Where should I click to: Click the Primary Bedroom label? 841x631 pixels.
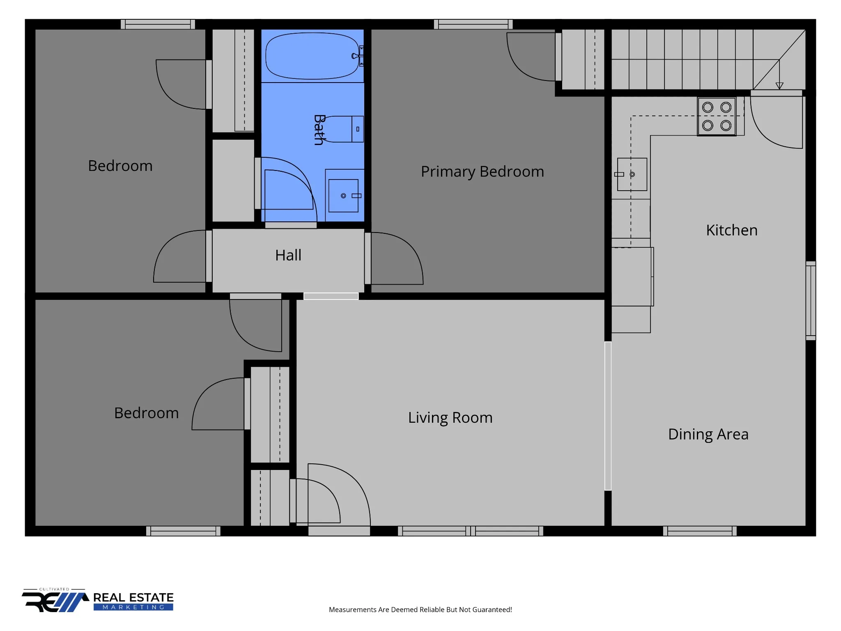(483, 172)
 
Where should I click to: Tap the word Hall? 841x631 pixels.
(288, 255)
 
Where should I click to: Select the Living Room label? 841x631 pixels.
(450, 418)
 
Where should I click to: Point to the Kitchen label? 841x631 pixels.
(732, 230)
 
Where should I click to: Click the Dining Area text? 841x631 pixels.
(708, 435)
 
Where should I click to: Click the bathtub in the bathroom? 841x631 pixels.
(313, 56)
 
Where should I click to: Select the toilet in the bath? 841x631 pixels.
(343, 129)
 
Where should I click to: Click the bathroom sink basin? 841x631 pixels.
(343, 196)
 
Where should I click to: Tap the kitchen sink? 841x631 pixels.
(632, 174)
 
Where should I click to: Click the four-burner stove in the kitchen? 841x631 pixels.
(717, 116)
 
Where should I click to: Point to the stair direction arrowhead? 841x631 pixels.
(779, 86)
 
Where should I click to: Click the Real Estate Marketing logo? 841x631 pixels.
(98, 600)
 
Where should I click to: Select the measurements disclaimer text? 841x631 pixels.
(420, 610)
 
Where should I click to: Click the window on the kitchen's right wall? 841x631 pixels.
(811, 301)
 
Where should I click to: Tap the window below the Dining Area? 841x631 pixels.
(700, 531)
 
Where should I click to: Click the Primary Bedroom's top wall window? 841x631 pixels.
(473, 24)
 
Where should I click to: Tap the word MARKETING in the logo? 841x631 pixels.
(133, 607)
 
